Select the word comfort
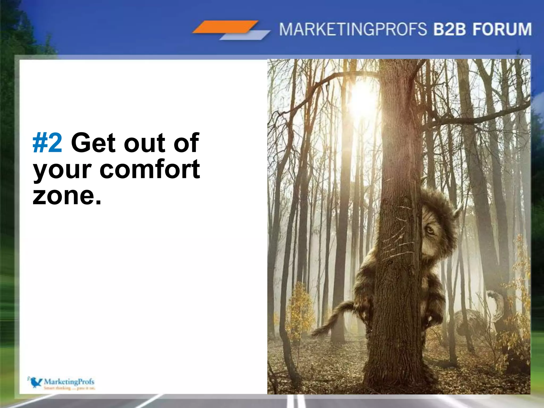[150, 169]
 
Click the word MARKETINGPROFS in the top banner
[353, 29]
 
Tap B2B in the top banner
[449, 29]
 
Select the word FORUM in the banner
[502, 29]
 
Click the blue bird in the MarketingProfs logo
[35, 382]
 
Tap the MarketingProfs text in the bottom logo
[69, 381]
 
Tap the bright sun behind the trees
[363, 100]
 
